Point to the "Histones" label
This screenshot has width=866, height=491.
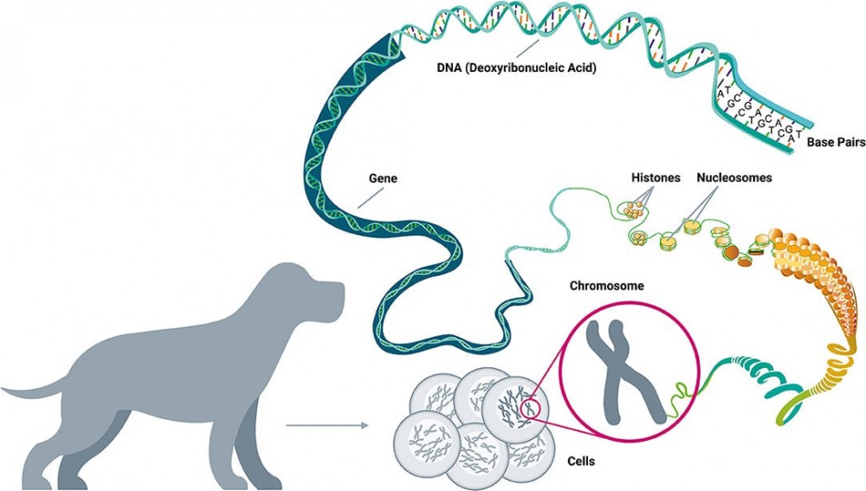(655, 178)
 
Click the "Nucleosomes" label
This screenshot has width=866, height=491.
(734, 178)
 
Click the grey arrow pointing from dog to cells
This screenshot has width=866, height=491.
(325, 425)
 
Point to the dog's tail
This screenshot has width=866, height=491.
(35, 390)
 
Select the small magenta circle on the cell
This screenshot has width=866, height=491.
(531, 404)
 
